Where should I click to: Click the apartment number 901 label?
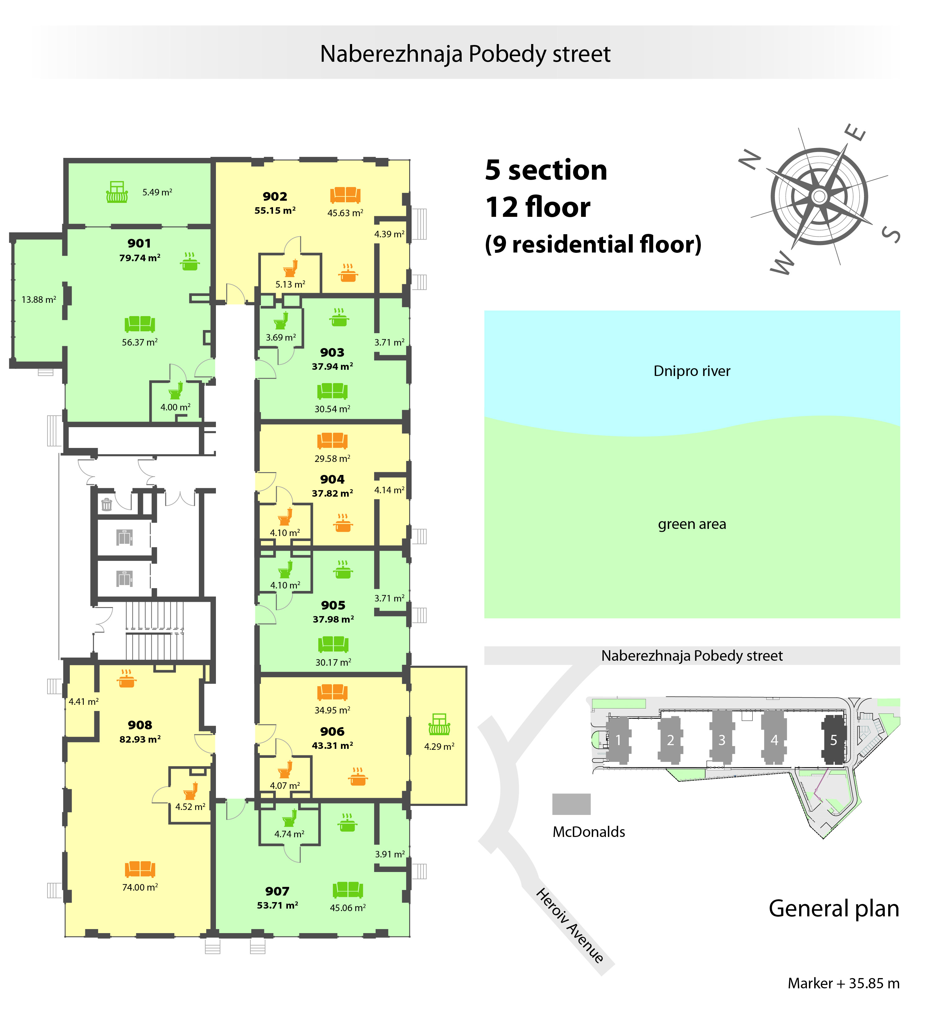[x=139, y=243]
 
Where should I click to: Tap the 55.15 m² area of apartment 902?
[x=275, y=210]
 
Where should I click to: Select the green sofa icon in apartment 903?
[x=332, y=391]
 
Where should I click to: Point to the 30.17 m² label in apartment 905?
[x=333, y=662]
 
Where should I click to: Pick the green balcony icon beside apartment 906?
[x=439, y=724]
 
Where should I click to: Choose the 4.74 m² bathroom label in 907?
[x=289, y=834]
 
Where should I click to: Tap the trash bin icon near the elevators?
[x=107, y=504]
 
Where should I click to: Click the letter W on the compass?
[x=782, y=263]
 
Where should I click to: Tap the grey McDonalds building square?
[x=571, y=804]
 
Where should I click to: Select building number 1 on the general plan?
[x=618, y=740]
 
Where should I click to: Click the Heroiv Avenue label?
[x=570, y=925]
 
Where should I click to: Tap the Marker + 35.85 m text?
[x=844, y=983]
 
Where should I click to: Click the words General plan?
[x=834, y=909]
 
